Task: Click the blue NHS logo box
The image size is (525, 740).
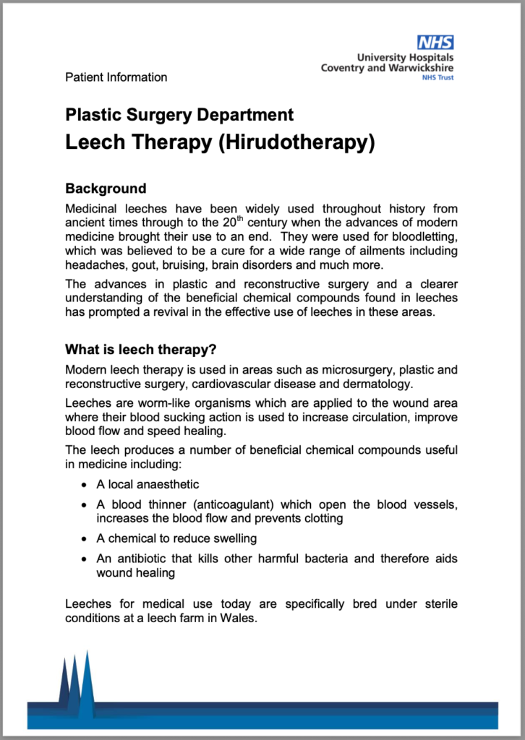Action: pyautogui.click(x=435, y=43)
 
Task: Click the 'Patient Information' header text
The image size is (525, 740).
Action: pyautogui.click(x=116, y=77)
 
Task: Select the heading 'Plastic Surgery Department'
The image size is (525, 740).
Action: pyautogui.click(x=179, y=114)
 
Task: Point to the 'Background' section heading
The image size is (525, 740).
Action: pyautogui.click(x=106, y=189)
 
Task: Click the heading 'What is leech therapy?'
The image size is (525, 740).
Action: pyautogui.click(x=141, y=350)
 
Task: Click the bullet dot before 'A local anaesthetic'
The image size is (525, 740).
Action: pyautogui.click(x=84, y=484)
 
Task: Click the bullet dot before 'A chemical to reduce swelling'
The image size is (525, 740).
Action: pyautogui.click(x=84, y=538)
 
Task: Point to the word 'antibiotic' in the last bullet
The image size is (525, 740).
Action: pyautogui.click(x=144, y=559)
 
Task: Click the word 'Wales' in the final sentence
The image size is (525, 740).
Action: pyautogui.click(x=239, y=619)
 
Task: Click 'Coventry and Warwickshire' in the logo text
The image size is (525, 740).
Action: pyautogui.click(x=388, y=68)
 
